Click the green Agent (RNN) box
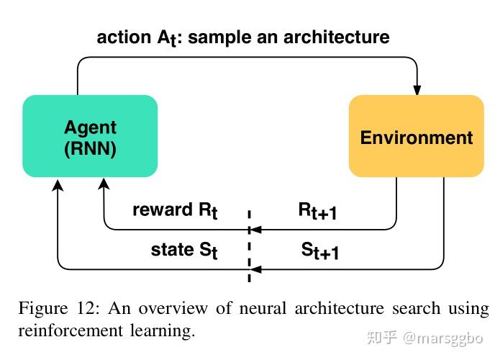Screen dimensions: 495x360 point(90,136)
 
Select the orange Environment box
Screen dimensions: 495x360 point(417,136)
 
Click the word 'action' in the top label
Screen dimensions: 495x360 point(124,37)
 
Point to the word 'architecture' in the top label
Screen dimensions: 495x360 point(337,37)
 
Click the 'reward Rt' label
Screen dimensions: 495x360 point(175,210)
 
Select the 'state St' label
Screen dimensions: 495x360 point(184,251)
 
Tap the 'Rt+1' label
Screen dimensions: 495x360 point(317,211)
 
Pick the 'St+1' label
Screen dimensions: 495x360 point(319,251)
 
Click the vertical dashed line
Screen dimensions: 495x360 point(250,246)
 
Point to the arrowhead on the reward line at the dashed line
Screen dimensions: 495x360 point(255,230)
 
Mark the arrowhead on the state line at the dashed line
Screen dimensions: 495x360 point(255,269)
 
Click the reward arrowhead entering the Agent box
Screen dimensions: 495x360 point(104,184)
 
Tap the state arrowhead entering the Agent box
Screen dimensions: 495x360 point(58,185)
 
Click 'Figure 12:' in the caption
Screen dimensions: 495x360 point(59,308)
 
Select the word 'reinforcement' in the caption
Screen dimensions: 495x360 point(71,331)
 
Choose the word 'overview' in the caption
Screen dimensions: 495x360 point(173,309)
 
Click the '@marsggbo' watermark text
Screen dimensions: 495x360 point(443,339)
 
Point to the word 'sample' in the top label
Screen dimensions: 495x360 point(219,37)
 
